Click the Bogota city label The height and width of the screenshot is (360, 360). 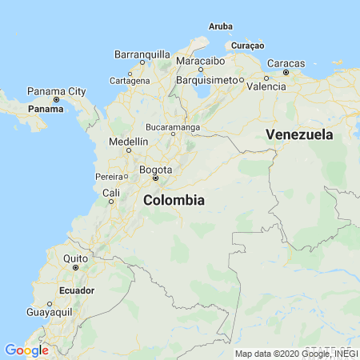155,170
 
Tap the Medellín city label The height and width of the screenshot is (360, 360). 128,142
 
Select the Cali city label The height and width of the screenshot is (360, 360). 111,193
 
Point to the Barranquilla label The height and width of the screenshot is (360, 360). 142,54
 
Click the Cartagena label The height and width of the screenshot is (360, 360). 129,81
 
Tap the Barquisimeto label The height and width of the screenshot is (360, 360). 206,79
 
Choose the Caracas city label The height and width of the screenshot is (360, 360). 285,62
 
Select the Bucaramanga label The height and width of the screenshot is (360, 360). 173,126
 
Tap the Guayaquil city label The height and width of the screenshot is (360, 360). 50,312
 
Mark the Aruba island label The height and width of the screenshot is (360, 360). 221,26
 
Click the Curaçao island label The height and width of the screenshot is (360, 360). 247,46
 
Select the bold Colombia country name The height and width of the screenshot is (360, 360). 174,201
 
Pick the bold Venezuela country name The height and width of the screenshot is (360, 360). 299,134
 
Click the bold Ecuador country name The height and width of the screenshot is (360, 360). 77,290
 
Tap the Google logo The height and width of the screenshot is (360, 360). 26,350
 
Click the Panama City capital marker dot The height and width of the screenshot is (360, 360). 56,99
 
